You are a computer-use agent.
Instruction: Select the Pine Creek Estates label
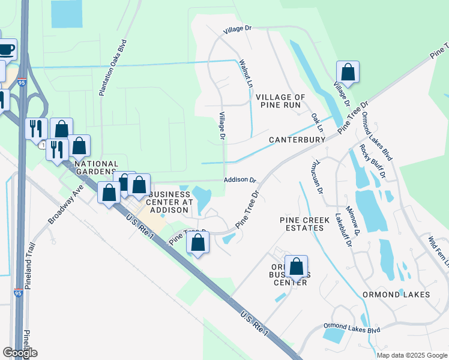click(x=305, y=224)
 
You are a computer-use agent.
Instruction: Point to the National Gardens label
click(x=96, y=168)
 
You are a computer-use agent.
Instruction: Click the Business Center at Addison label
click(x=170, y=203)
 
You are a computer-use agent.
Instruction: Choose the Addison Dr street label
click(x=240, y=179)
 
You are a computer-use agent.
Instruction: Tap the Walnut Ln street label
click(x=246, y=74)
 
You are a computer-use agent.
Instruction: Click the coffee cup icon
click(x=5, y=49)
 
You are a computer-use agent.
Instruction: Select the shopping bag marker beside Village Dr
click(x=348, y=72)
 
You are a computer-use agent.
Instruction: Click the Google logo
click(x=20, y=353)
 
